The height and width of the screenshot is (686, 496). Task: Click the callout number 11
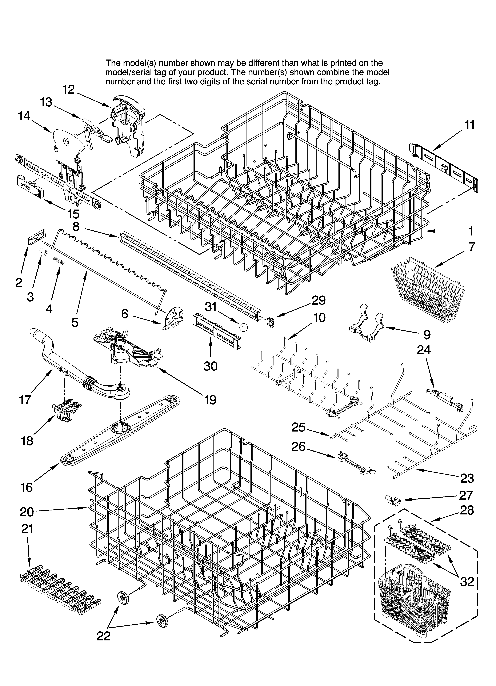tap(469, 125)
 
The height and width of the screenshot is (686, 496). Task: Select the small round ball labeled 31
tap(243, 327)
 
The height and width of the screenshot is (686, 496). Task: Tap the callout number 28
tap(467, 511)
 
